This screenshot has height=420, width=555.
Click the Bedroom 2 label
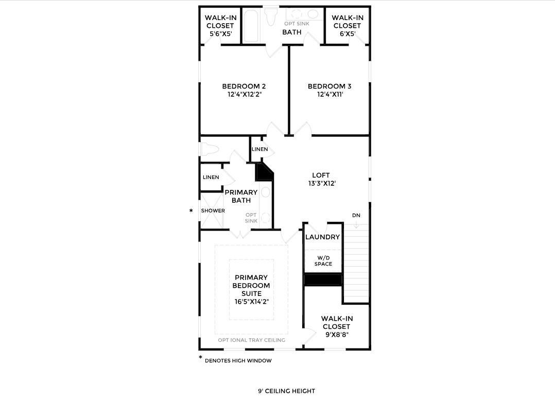[244, 86]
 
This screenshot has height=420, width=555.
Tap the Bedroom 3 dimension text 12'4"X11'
[330, 95]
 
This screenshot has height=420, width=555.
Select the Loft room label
[321, 175]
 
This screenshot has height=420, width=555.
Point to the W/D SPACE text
[323, 261]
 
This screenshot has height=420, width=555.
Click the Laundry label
[322, 237]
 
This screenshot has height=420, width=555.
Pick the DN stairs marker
[356, 215]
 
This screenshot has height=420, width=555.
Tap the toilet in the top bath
[271, 16]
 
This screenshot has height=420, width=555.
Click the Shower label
[213, 211]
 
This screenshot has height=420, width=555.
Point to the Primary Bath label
[241, 197]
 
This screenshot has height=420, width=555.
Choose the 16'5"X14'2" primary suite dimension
[252, 302]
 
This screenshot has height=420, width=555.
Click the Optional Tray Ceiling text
[251, 340]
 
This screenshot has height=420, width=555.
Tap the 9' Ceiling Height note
[286, 391]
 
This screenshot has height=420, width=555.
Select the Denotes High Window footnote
[238, 361]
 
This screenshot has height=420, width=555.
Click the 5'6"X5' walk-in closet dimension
[220, 34]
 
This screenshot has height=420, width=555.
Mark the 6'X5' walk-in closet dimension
[347, 34]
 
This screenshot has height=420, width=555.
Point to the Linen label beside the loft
[260, 149]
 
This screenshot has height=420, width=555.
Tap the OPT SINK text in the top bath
[297, 24]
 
